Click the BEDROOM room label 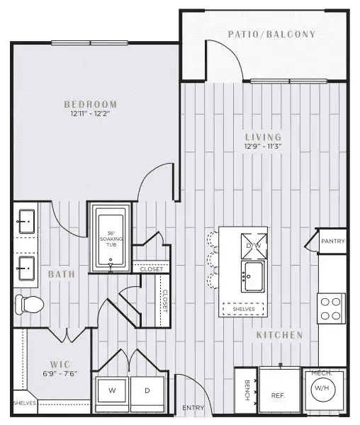[91, 104]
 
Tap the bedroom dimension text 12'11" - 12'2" [90, 113]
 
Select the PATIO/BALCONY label [271, 34]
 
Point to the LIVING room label [263, 137]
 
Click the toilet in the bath [29, 305]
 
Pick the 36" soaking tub [111, 239]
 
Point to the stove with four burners [331, 308]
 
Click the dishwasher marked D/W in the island [254, 246]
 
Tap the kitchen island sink [253, 276]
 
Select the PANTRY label [333, 242]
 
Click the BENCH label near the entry [247, 390]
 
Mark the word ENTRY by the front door [193, 408]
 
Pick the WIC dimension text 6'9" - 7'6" [60, 374]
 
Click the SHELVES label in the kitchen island [244, 309]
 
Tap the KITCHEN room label [279, 335]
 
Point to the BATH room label [62, 274]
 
